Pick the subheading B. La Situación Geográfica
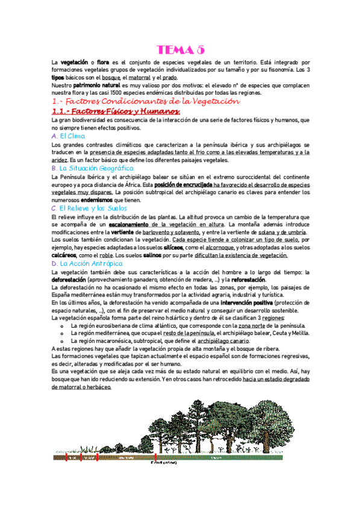92,169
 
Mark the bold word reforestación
240,281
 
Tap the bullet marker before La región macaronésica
62,341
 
